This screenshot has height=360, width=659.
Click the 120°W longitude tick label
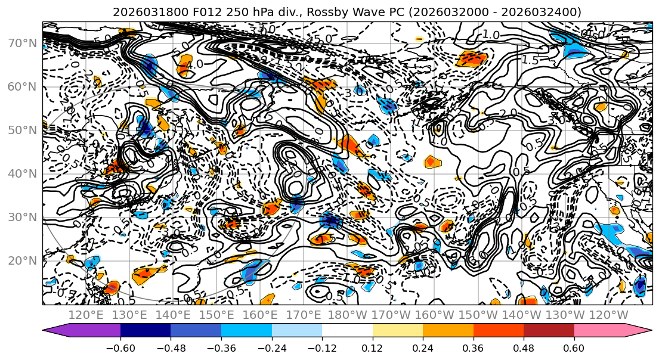608,315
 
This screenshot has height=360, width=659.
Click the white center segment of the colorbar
347,330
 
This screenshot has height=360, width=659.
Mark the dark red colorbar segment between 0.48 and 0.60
549,330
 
